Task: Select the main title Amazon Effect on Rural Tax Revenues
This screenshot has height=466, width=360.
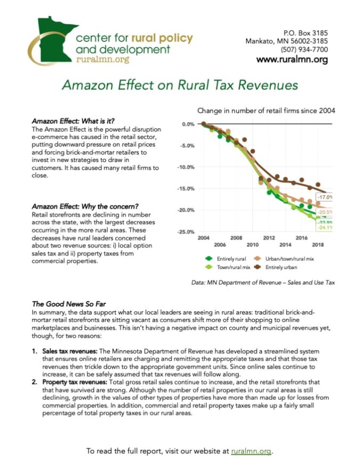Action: (179, 85)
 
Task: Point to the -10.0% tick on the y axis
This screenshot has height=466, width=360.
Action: (187, 167)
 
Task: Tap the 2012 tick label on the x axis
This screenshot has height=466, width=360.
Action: (268, 238)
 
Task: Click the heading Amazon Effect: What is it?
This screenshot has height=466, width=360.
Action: (73, 121)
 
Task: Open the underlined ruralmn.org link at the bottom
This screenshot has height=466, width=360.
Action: (251, 451)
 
